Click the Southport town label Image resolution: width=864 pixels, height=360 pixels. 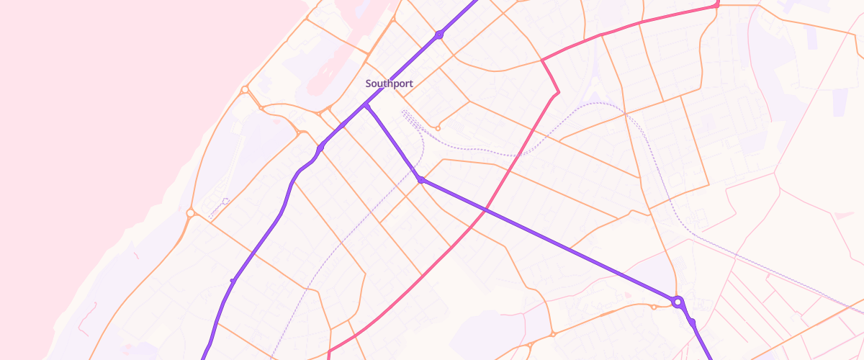[389, 84]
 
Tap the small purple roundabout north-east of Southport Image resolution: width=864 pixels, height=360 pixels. [438, 35]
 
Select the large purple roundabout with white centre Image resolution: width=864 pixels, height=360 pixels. [677, 302]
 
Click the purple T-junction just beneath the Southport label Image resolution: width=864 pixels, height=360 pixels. [366, 105]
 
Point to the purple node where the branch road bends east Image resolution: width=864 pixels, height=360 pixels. [420, 179]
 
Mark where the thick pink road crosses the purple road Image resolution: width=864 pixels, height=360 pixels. [485, 210]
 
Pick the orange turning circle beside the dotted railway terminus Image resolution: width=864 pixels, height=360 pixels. [438, 128]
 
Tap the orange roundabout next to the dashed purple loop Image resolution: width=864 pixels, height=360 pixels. [190, 213]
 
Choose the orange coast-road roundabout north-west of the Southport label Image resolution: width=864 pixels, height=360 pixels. [245, 90]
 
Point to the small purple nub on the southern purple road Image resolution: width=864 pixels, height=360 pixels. [232, 280]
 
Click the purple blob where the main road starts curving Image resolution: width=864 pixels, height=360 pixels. [320, 148]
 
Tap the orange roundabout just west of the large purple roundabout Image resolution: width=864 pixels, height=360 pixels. [653, 307]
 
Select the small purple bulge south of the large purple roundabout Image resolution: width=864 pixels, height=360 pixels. [692, 323]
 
